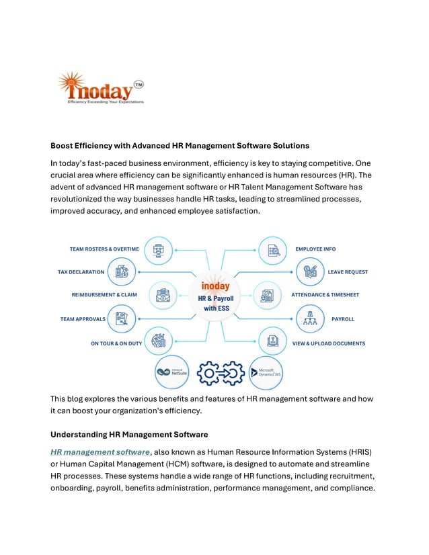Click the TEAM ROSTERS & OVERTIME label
pos(104,249)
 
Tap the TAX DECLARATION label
pos(81,272)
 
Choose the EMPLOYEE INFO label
pos(315,249)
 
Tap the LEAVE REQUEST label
pos(348,272)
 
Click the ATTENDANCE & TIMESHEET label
pos(325,295)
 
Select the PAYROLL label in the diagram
pos(343,319)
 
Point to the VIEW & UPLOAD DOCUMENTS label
pos(329,343)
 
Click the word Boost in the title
pos(64,145)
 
